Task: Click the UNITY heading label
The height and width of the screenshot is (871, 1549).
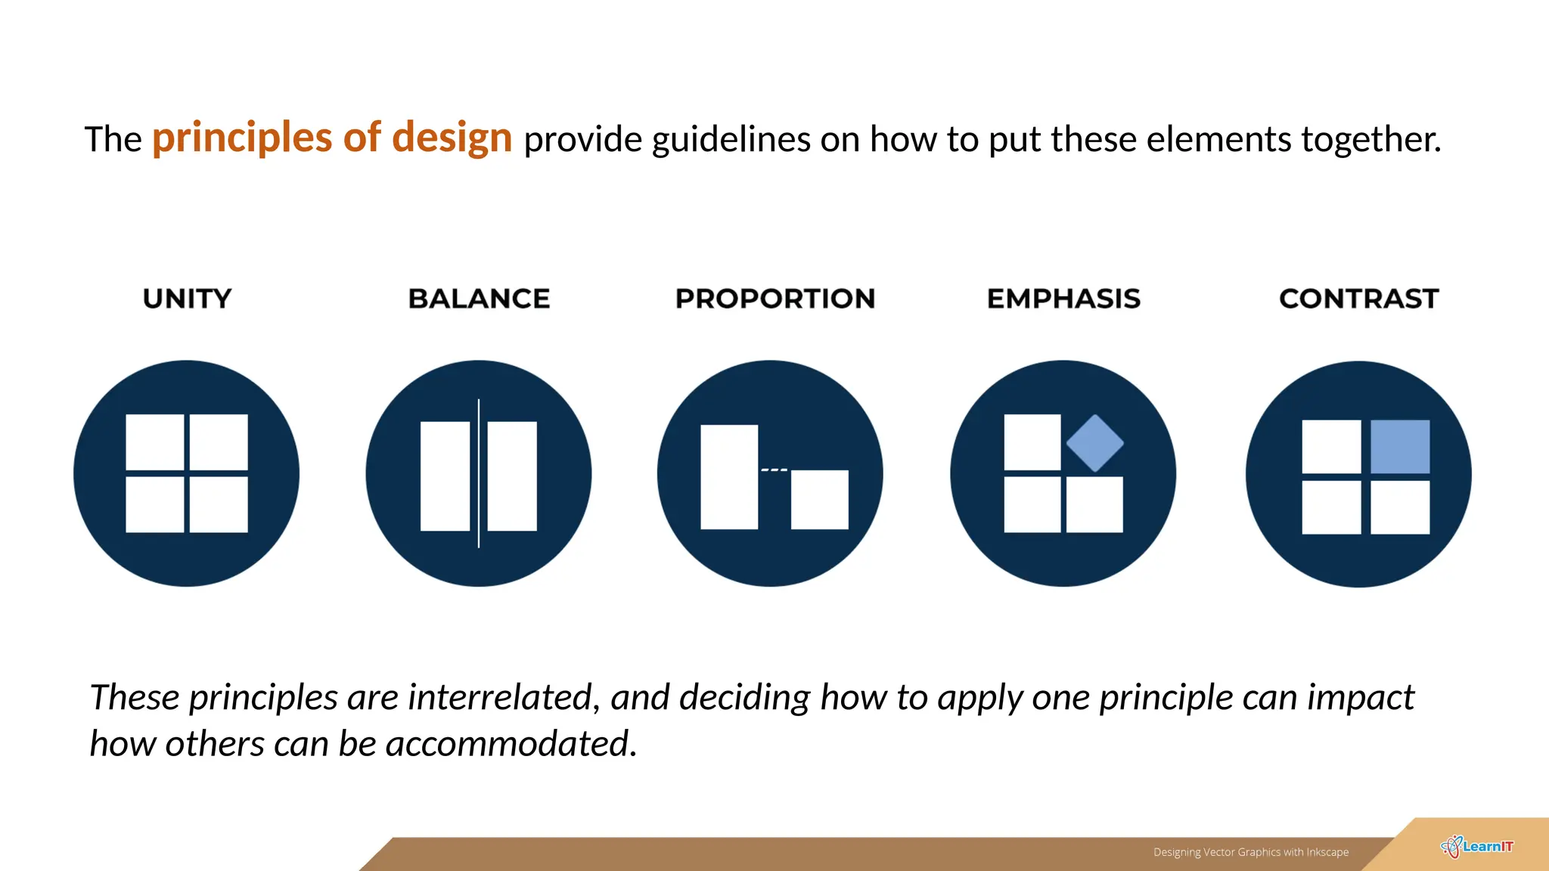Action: [x=187, y=299]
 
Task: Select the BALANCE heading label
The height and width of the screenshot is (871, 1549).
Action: [x=479, y=299]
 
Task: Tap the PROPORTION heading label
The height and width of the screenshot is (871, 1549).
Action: [x=774, y=299]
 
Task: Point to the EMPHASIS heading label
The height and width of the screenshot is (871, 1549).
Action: [x=1063, y=299]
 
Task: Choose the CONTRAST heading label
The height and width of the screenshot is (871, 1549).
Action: [x=1358, y=299]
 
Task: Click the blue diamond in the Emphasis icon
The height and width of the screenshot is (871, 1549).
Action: [x=1094, y=443]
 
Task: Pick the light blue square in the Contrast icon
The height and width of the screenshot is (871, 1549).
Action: [x=1400, y=447]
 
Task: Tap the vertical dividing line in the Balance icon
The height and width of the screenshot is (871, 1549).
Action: [x=479, y=473]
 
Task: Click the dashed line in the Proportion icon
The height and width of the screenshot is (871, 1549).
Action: [x=774, y=470]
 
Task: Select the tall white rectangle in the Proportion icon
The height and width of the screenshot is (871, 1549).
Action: [x=729, y=476]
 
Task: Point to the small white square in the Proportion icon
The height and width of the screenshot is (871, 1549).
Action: [x=819, y=499]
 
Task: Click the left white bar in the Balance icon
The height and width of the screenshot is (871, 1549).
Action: [x=445, y=476]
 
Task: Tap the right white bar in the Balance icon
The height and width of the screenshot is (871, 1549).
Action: [x=512, y=476]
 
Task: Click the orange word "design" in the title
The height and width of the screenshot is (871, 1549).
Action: [x=452, y=138]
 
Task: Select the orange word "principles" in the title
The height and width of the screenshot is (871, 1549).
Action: [x=242, y=138]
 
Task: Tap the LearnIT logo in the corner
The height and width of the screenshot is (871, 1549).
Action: [x=1477, y=847]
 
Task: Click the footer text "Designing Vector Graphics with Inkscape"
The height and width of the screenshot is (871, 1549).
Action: [x=1250, y=852]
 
